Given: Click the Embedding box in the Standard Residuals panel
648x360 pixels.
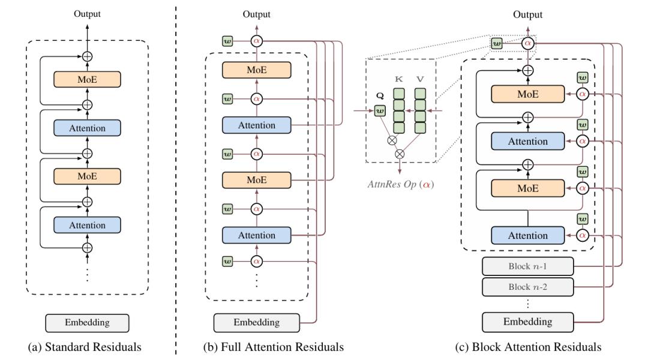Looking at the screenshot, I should [x=87, y=322].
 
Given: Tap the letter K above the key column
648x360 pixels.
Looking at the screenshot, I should [x=398, y=78].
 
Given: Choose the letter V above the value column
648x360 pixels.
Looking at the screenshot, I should [x=421, y=78].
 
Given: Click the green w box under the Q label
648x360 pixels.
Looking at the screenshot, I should [x=379, y=110].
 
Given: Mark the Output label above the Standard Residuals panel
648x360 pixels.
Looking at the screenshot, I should [x=87, y=13].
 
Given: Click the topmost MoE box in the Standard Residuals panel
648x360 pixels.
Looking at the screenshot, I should [x=87, y=80].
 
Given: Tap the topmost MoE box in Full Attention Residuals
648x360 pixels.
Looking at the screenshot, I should [x=256, y=70].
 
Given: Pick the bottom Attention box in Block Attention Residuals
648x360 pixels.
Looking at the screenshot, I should [x=520, y=235].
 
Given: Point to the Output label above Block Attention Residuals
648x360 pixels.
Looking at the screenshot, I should [x=528, y=15].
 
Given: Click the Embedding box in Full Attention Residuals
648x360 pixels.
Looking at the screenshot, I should [x=256, y=322].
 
